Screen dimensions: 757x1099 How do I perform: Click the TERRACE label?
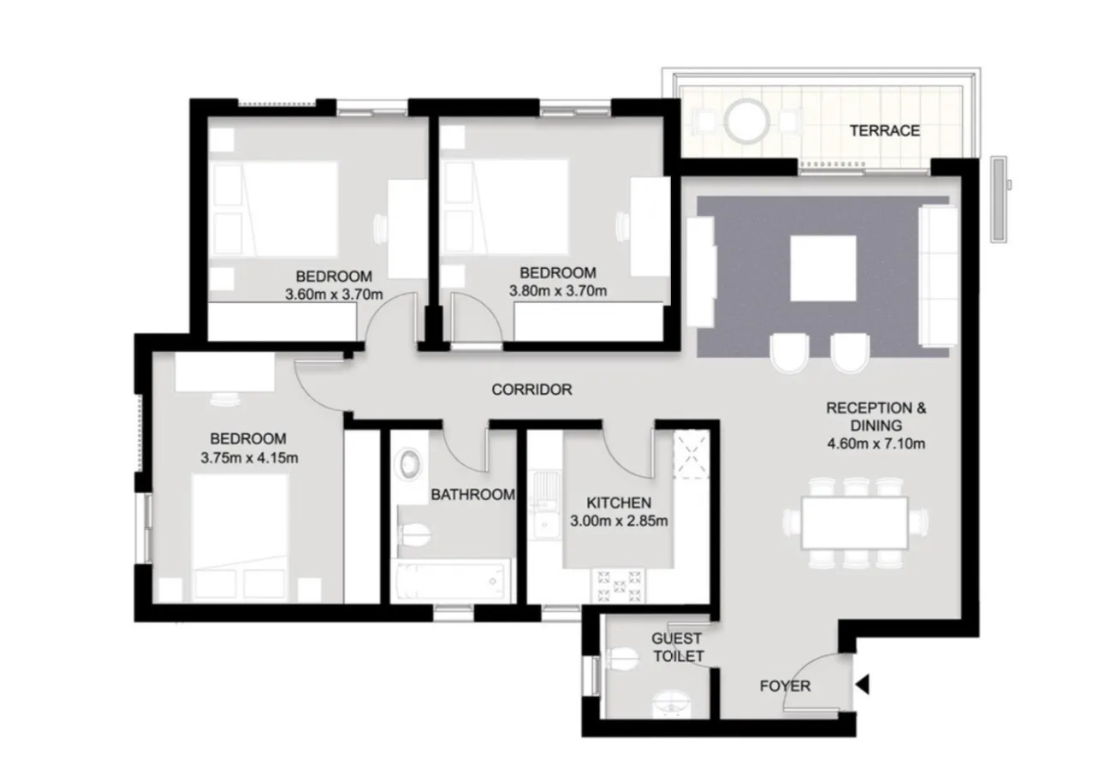(884, 131)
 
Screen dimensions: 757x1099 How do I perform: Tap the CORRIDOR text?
(532, 390)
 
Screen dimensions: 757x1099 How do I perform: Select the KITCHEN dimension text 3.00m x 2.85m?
(619, 521)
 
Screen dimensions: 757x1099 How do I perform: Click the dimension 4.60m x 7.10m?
(876, 444)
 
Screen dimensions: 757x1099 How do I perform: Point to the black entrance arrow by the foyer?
(862, 684)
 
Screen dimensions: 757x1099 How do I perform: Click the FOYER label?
(785, 686)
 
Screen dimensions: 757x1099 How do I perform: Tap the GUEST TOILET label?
(677, 647)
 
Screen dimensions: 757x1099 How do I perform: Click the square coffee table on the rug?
(823, 268)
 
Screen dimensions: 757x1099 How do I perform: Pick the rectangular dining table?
(855, 522)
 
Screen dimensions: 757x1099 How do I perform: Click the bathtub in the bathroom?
(451, 581)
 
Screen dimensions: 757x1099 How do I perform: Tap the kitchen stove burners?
(619, 587)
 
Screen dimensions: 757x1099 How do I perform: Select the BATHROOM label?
(472, 494)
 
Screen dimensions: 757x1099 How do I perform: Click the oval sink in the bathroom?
(408, 465)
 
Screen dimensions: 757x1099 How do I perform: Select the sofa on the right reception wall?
(936, 275)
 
